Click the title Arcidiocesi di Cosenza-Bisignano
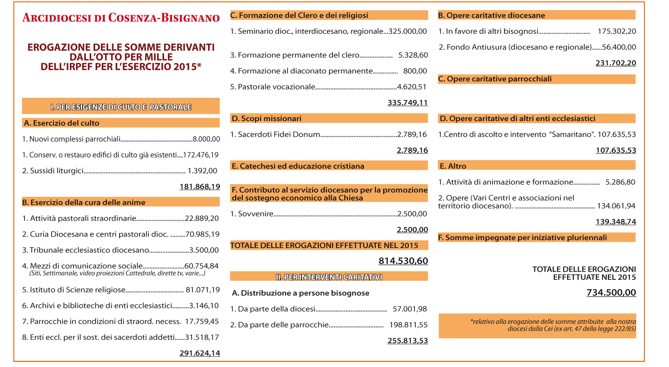coord(121,18)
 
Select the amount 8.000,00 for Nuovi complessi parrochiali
coord(206,139)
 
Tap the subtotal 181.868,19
coord(200,187)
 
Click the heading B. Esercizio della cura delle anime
coord(84,202)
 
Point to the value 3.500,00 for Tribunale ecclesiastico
coord(204,250)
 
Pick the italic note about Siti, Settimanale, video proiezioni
coord(118,273)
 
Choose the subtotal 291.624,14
coord(200,353)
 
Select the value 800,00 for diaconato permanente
coord(415,71)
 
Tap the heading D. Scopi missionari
coord(266,119)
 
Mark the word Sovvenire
coord(255,214)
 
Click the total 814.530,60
coord(403,261)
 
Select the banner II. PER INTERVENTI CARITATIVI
coord(329,277)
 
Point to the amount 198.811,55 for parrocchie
coord(409,325)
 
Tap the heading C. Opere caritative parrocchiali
coord(495,79)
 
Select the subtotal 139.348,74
coord(616,222)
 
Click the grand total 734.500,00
coord(611,292)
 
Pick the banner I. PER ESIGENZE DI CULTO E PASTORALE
coord(121,107)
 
